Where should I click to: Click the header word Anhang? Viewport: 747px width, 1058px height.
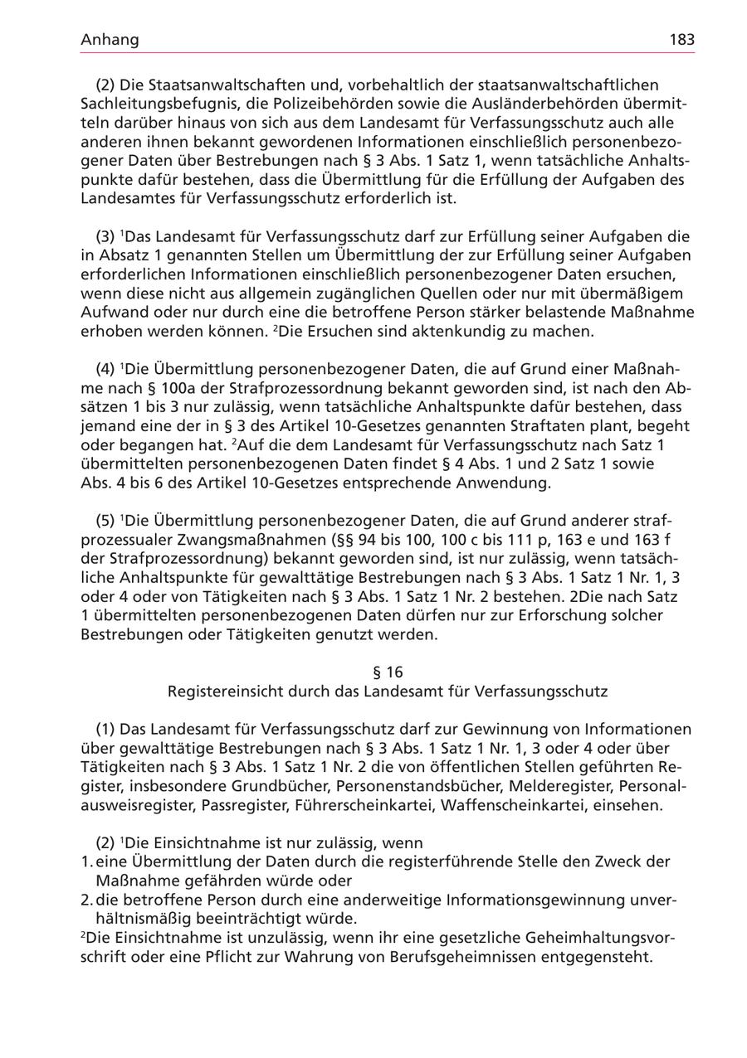coord(110,40)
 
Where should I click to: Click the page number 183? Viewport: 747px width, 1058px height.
coord(681,40)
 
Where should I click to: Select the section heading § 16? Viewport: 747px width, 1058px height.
coord(388,672)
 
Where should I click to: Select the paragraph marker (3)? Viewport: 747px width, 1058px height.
coord(105,236)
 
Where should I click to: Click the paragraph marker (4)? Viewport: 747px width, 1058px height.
coord(105,369)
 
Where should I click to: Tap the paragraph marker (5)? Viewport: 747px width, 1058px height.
coord(105,521)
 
